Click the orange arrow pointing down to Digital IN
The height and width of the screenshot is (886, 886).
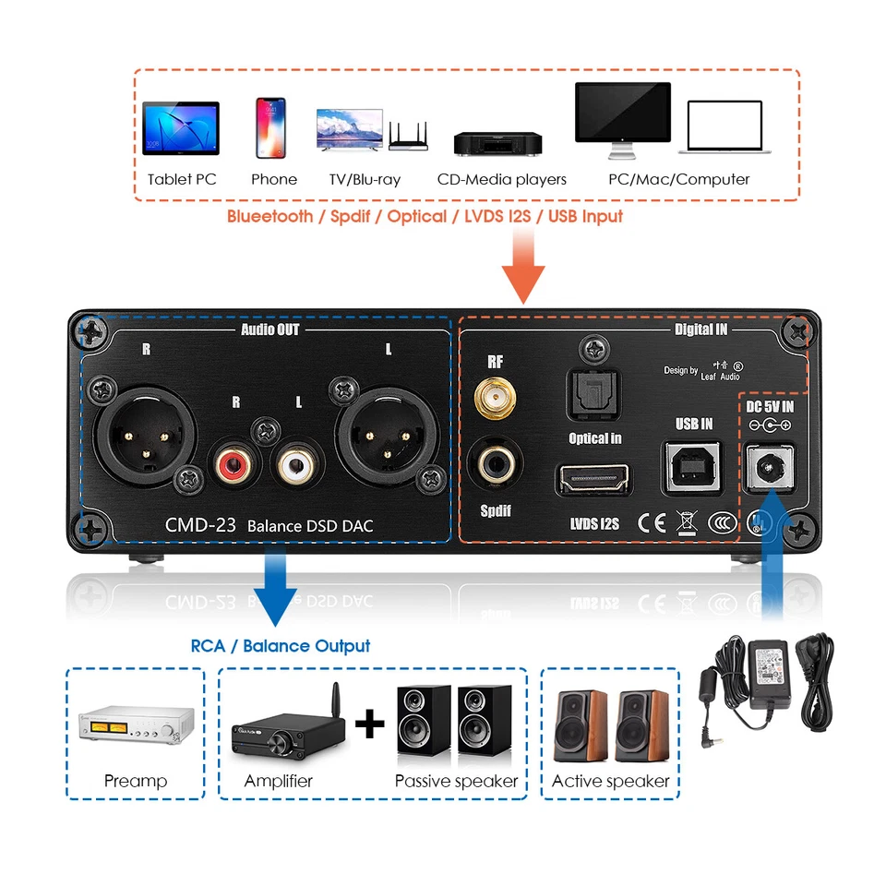click(x=522, y=267)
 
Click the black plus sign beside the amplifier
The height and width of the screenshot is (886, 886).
click(x=369, y=723)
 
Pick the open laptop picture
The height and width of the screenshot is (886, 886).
click(x=724, y=127)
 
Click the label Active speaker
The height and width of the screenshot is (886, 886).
click(x=610, y=781)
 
